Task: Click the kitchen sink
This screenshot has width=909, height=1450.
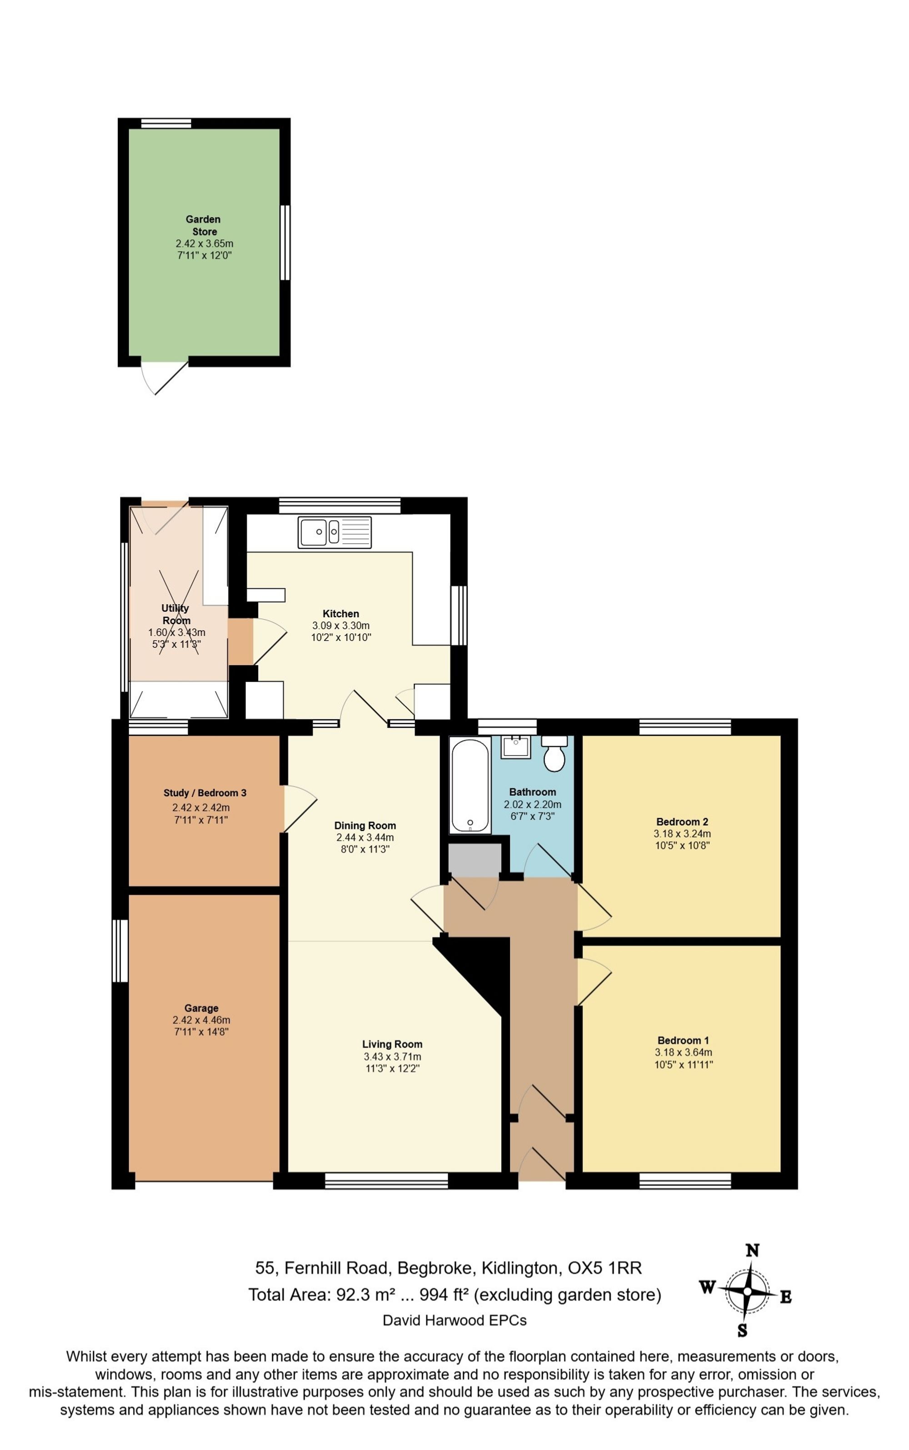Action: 334,532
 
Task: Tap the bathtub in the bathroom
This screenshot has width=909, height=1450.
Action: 469,785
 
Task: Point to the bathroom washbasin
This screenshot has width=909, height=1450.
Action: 515,746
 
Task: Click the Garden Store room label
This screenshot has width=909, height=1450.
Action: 203,225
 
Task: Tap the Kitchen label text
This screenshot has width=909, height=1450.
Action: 341,614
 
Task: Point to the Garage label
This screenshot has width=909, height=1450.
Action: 201,1008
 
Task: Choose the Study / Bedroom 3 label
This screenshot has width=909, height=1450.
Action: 205,793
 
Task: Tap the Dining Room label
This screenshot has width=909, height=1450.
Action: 365,825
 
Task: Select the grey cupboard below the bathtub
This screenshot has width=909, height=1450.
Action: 475,860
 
